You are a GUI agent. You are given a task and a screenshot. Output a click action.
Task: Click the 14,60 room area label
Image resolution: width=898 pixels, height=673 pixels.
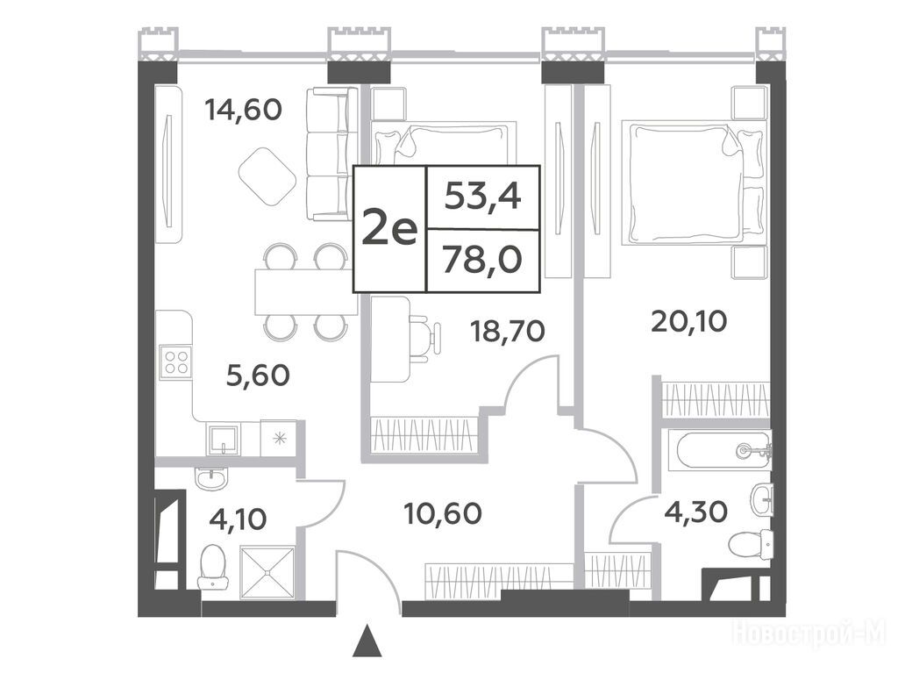click(244, 110)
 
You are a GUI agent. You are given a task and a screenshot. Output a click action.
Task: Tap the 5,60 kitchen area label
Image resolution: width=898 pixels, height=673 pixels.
click(259, 376)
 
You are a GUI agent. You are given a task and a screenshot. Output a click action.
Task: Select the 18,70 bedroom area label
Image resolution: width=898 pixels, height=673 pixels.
click(507, 331)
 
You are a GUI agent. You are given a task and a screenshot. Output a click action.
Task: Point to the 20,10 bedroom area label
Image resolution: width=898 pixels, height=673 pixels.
click(689, 322)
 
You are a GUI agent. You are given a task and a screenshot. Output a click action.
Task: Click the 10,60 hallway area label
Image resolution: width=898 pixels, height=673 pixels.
click(442, 513)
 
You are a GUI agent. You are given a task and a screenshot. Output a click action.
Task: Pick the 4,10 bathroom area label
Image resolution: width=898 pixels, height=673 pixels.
click(237, 520)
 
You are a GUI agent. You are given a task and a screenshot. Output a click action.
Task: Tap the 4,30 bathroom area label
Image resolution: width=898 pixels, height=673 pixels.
click(695, 512)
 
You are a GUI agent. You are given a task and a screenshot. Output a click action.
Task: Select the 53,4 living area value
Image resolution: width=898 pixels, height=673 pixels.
click(483, 197)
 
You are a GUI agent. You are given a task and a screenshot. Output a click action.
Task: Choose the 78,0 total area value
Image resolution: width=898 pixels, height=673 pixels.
click(482, 261)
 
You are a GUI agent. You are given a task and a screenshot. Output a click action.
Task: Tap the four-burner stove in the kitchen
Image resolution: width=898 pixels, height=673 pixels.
click(175, 362)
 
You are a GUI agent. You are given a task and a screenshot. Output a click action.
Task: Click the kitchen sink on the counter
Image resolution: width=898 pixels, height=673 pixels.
click(224, 440)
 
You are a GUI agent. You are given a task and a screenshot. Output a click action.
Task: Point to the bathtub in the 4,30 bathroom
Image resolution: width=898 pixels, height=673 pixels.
click(723, 451)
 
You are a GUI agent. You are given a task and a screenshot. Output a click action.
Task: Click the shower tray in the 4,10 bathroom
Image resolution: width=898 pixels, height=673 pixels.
click(267, 573)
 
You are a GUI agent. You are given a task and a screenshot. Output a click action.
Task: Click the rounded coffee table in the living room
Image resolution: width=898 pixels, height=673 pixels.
click(267, 176)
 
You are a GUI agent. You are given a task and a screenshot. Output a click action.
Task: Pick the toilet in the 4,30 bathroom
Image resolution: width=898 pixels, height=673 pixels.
click(752, 543)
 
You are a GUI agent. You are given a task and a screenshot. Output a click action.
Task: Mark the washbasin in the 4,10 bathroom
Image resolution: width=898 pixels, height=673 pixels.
click(211, 478)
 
